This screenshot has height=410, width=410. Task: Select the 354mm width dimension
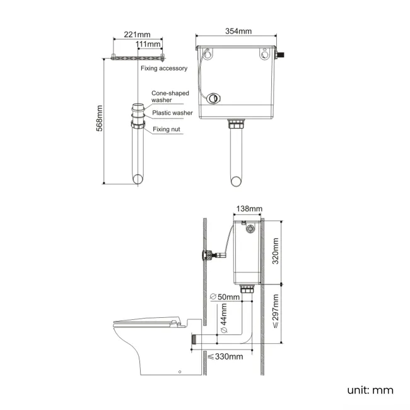tap(238, 32)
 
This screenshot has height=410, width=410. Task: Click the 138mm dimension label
tap(249, 208)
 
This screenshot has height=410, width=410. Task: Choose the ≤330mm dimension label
tap(225, 357)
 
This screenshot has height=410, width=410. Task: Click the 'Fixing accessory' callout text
tap(163, 68)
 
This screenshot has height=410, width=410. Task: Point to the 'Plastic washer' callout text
tap(172, 113)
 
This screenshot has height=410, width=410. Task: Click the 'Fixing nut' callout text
tap(167, 129)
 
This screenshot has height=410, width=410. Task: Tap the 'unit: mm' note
tap(370, 390)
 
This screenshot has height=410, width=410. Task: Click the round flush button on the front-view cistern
tap(216, 98)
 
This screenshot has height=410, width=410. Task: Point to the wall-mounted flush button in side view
tap(205, 255)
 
